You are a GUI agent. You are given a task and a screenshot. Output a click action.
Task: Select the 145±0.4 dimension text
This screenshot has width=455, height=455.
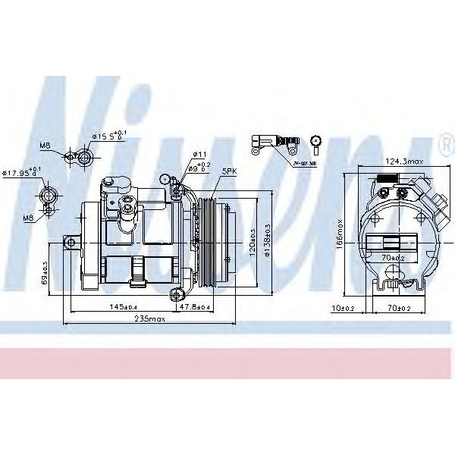[122, 306]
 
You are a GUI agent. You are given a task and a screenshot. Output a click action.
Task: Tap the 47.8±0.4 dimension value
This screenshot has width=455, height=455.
[194, 306]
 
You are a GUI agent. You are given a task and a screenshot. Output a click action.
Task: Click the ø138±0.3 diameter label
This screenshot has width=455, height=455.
[268, 241]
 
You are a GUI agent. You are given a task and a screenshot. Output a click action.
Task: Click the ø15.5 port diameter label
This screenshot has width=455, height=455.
[103, 136]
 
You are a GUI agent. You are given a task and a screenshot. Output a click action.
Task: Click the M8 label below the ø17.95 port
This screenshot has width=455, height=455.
[28, 218]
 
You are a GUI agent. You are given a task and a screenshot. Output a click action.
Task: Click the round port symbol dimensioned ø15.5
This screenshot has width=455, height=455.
[86, 157]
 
